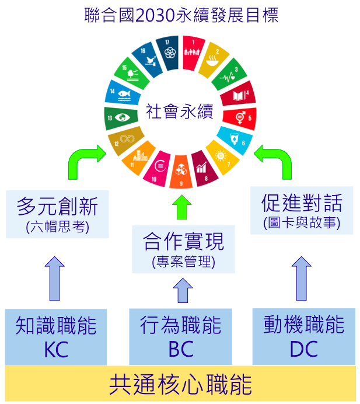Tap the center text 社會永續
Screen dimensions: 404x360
point(180,111)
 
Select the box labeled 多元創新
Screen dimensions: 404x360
point(57,214)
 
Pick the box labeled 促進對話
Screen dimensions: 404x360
point(301,210)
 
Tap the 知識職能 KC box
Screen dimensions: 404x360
point(56,337)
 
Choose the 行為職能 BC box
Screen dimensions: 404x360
point(180,337)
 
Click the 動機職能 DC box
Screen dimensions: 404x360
point(303,337)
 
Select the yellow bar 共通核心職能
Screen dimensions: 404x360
point(180,385)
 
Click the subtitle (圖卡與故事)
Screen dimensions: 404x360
point(301,222)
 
